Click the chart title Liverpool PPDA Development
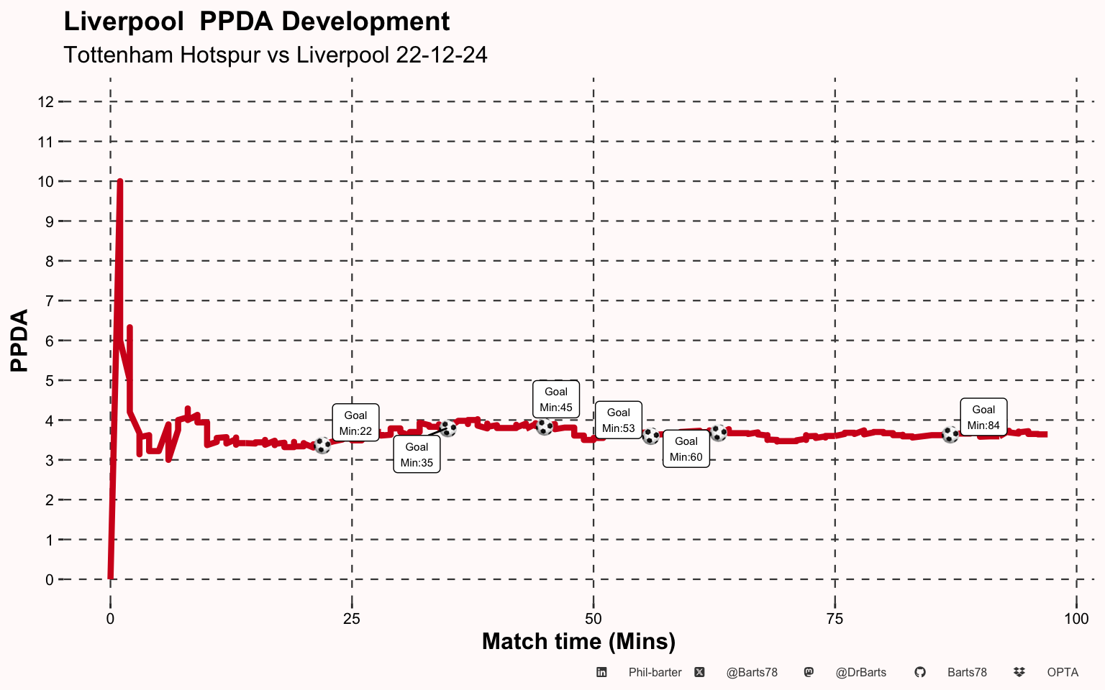(x=257, y=22)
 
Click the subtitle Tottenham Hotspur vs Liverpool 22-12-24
(x=276, y=55)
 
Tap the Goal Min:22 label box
(x=355, y=423)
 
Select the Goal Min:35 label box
(x=417, y=454)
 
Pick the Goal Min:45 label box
(x=556, y=399)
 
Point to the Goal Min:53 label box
(x=618, y=420)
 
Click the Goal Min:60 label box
(x=686, y=448)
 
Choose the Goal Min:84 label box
(x=983, y=417)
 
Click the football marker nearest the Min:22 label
(x=323, y=446)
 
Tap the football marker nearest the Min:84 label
(x=950, y=435)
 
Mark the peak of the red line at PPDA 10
(x=120, y=182)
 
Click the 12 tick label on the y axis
(x=46, y=102)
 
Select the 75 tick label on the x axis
(x=835, y=619)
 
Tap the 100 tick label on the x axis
(x=1076, y=619)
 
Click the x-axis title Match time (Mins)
(x=578, y=641)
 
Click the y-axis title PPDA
(x=20, y=341)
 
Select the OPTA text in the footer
(x=1063, y=673)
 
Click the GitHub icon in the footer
(x=919, y=673)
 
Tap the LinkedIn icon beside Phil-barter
(x=601, y=673)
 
